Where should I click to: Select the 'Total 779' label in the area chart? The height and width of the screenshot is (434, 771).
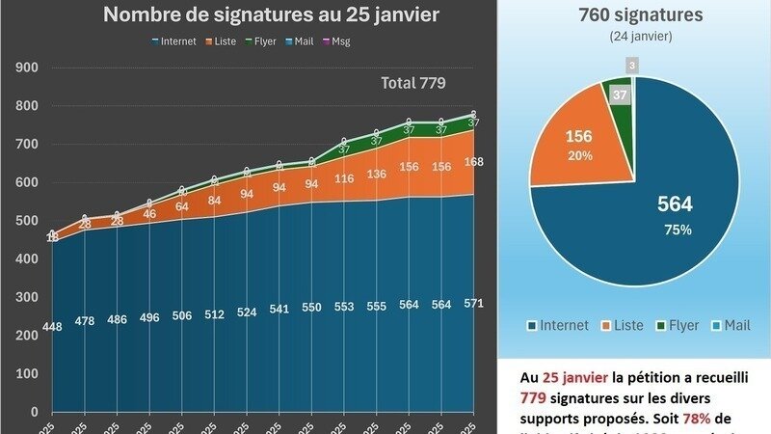[413, 83]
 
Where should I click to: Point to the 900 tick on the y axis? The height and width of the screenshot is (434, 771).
[26, 68]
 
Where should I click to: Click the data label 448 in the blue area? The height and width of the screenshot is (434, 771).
[53, 327]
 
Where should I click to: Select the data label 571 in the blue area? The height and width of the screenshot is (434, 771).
[472, 303]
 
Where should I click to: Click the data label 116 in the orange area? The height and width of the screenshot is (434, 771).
[344, 179]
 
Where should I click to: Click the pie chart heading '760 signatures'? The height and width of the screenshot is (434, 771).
[641, 15]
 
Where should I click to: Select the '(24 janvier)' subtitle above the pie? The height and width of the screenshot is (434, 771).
[641, 36]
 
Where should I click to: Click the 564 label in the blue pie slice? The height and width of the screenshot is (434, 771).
[674, 203]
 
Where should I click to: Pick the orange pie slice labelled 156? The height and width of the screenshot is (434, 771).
[579, 145]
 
